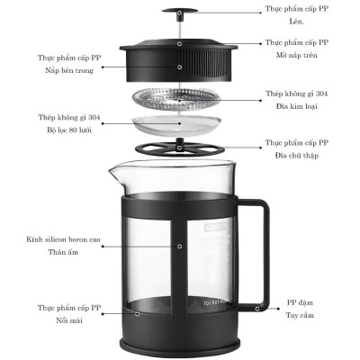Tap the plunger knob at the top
[x=180, y=11]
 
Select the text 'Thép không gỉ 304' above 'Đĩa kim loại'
[x=298, y=93]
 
